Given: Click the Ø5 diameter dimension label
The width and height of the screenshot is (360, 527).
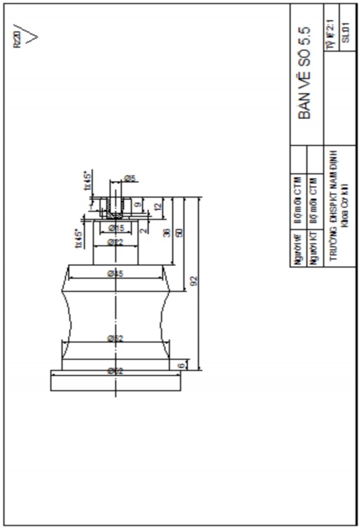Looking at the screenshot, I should click(x=129, y=178).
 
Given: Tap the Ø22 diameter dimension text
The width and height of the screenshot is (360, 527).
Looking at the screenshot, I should click(x=116, y=242).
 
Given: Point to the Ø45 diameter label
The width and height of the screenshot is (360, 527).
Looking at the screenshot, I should click(x=116, y=273).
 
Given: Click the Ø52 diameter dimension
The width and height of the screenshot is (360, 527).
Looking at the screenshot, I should click(x=116, y=338).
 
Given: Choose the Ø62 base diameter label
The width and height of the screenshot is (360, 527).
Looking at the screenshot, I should click(x=116, y=371).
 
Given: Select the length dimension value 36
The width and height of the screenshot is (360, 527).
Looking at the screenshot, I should click(x=167, y=233).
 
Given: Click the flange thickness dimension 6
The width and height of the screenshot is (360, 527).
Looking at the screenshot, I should click(x=180, y=365).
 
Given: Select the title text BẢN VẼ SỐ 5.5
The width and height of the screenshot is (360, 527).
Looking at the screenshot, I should click(x=305, y=73).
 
